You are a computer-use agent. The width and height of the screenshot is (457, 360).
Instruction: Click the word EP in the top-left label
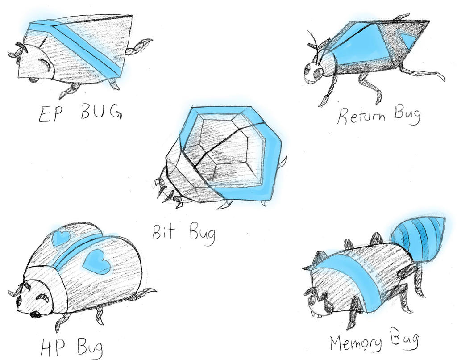pyautogui.click(x=48, y=114)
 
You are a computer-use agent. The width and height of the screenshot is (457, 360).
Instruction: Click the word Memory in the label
pyautogui.click(x=356, y=343)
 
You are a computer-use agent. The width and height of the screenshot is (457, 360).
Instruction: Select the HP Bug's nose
pyautogui.click(x=34, y=314)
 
